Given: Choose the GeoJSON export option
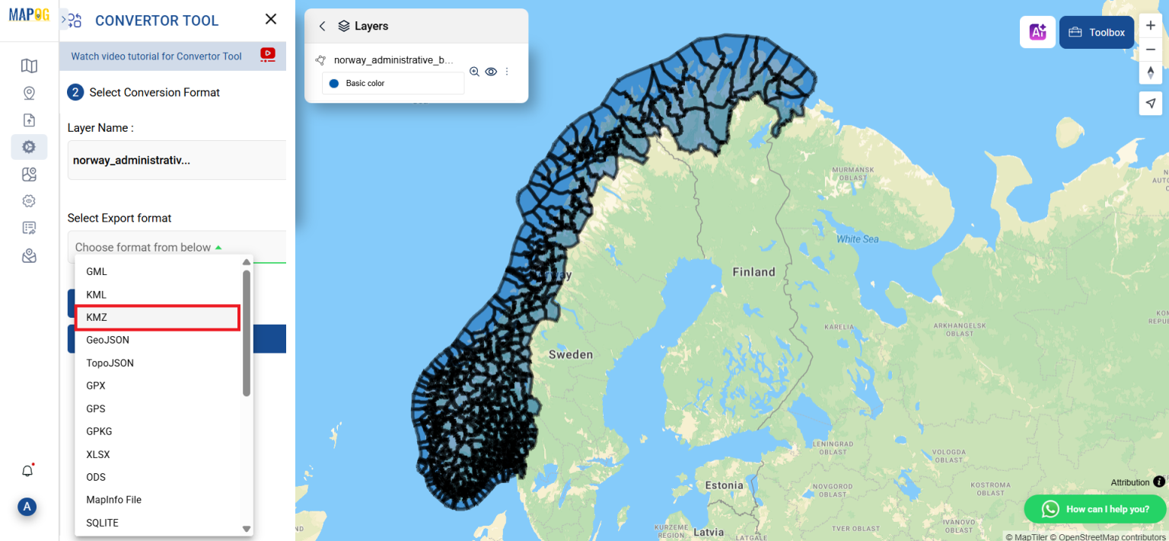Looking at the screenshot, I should coord(108,340).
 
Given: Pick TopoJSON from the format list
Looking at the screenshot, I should coord(110,363).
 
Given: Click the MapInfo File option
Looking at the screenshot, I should coord(114,500).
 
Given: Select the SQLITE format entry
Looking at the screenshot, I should coord(102,523).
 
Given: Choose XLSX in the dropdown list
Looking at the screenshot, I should coord(98,454).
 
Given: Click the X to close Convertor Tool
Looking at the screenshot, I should coord(271,20).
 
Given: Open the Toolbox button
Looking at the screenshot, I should coord(1097,33).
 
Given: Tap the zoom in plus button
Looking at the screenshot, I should coord(1150,25).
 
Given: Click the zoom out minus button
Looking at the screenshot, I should coord(1150,50).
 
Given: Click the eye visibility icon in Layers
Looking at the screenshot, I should coord(491,72).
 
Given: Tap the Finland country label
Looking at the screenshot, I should coord(753,272).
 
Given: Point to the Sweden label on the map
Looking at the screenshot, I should coord(570,354).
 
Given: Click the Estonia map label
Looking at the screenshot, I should coord(724,485).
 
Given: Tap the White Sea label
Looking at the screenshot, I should coord(858,239).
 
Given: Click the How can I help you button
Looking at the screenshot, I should coord(1096,509).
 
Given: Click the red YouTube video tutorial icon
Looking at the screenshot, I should coord(268,55).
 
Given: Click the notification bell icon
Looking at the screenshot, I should coord(27,471).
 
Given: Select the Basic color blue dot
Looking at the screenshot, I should coord(333,83).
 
